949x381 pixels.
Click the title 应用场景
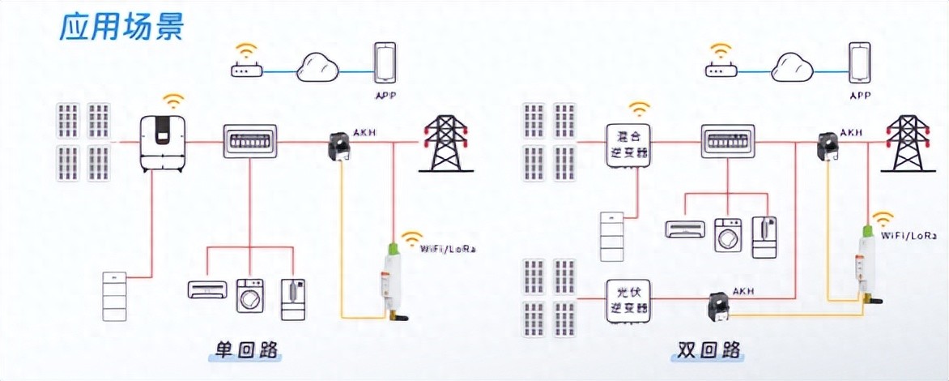coord(122,26)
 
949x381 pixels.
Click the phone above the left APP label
coord(385,64)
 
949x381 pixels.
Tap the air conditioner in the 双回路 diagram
coord(685,229)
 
